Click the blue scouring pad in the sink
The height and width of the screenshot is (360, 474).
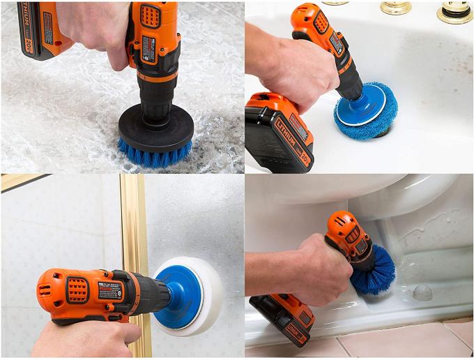pyautogui.click(x=365, y=112)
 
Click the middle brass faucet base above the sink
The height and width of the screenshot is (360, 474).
pyautogui.click(x=395, y=7)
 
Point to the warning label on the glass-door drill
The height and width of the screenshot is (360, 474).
pyautogui.click(x=110, y=290)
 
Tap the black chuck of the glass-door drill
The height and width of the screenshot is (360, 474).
pyautogui.click(x=150, y=293)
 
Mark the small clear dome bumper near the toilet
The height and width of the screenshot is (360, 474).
pyautogui.click(x=422, y=292)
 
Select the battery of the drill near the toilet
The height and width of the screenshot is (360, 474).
pyautogui.click(x=282, y=318)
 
